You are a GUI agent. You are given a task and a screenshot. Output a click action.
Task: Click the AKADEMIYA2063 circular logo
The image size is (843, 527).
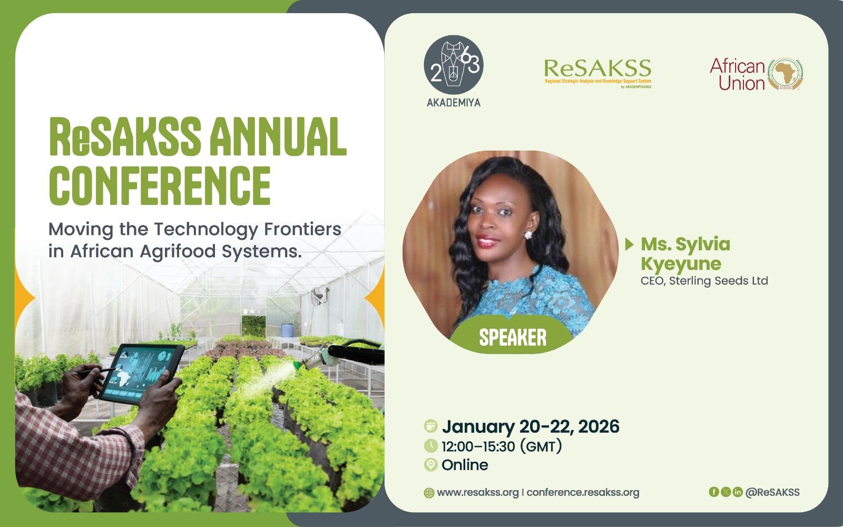coord(454,65)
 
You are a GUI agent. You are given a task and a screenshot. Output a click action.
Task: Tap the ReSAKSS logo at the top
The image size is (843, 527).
coord(597,73)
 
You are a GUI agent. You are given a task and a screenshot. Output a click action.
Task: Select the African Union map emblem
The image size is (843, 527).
coord(785,74)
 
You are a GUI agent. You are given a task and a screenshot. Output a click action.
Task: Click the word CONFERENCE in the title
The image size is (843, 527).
coord(160,186)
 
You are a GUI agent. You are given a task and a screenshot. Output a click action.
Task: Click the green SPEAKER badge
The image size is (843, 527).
coord(512,337)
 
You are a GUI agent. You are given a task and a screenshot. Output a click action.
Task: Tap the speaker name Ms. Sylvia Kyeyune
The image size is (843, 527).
coord(685,253)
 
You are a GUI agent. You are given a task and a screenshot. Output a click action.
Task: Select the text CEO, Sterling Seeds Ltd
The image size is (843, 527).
coord(704,281)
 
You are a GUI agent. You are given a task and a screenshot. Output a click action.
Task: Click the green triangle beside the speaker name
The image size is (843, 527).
coord(629,244)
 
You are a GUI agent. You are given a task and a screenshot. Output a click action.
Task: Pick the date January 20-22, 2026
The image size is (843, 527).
coord(531,426)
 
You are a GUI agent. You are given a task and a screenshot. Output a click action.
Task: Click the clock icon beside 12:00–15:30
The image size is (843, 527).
coord(430,446)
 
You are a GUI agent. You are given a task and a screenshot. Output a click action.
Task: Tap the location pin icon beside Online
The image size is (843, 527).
coord(430,464)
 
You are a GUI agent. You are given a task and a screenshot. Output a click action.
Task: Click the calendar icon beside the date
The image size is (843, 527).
coord(430,426)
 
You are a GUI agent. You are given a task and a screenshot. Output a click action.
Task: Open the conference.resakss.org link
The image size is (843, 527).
coord(583,492)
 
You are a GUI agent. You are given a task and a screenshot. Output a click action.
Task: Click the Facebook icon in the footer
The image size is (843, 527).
coord(713,492)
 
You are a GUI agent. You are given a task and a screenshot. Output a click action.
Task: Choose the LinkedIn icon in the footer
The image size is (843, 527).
coord(738,492)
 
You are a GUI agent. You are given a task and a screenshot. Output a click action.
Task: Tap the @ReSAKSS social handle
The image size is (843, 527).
coord(772,492)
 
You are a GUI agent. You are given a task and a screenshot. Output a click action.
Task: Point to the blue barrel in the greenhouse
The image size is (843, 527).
coord(287,330)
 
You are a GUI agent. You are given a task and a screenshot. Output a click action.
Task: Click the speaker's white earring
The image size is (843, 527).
coord(528,235)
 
